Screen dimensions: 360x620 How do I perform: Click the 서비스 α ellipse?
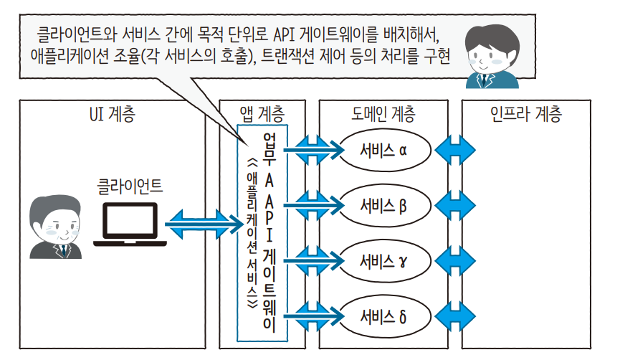[384, 151]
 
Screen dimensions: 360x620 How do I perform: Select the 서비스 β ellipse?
[384, 207]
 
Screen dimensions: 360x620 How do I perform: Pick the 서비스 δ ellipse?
[384, 316]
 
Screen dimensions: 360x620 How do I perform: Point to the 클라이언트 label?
[130, 188]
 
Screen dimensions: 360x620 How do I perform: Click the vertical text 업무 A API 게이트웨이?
[270, 229]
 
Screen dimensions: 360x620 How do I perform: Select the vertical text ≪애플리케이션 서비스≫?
[251, 229]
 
